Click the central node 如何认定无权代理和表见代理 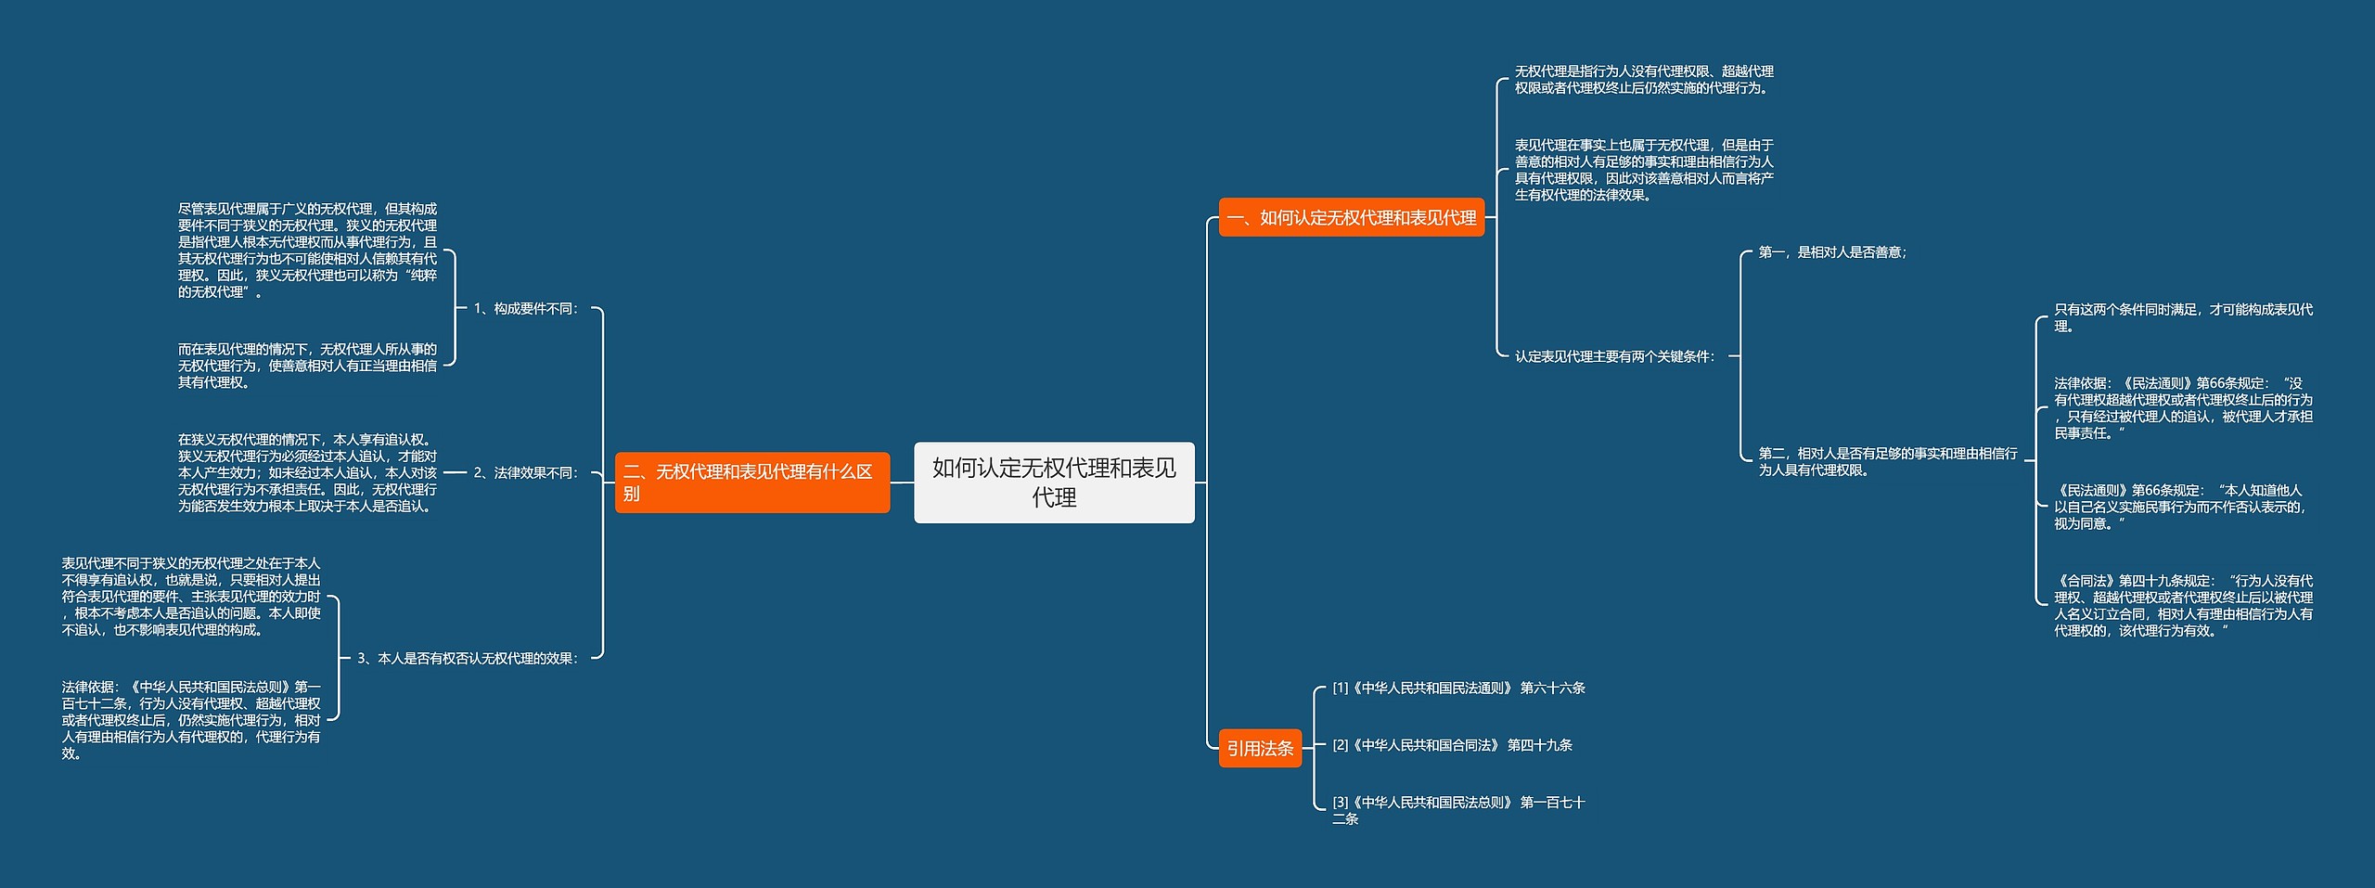pos(1054,483)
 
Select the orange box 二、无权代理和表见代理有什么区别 pos(752,483)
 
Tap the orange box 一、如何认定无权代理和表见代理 pos(1352,217)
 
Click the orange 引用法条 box pos(1260,748)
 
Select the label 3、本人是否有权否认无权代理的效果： pos(469,658)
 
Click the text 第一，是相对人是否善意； pos(1833,251)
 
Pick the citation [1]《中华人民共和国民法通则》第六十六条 pos(1459,688)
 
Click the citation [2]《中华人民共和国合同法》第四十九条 pos(1453,745)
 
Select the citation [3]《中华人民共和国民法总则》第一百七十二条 pos(1459,810)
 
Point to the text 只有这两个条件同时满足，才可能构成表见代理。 pos(2184,317)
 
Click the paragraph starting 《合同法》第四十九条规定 pos(2184,605)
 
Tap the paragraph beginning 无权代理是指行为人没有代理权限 pos(1644,79)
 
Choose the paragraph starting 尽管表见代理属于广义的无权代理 pos(307,250)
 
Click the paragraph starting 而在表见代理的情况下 pos(307,366)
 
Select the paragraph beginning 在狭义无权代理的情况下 pos(307,472)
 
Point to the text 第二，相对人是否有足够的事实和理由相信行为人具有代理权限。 pos(1888,461)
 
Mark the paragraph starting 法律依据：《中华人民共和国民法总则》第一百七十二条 pos(191,720)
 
